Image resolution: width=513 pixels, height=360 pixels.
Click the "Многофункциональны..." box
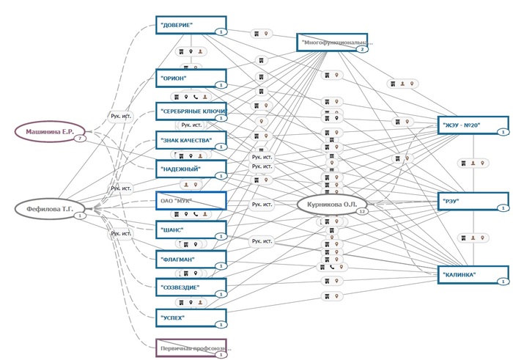[x=332, y=42]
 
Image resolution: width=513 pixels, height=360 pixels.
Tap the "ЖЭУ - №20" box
[x=473, y=125]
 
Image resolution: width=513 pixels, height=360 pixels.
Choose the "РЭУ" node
[x=473, y=201]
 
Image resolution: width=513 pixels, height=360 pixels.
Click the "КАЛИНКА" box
[x=473, y=275]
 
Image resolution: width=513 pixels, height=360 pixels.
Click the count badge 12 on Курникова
[x=361, y=211]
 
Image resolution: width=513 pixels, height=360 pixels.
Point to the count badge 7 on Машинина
[x=77, y=138]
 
